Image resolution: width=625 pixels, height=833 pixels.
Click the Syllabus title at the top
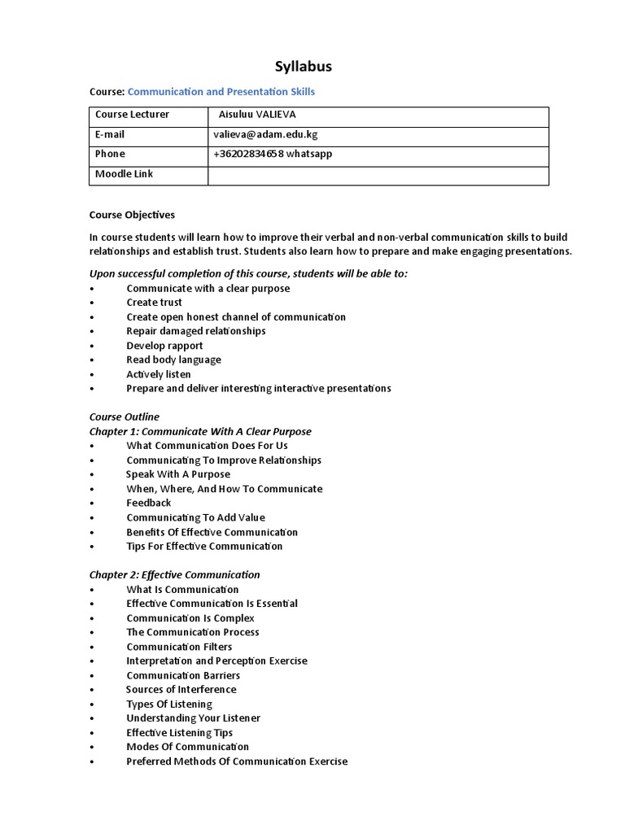(x=302, y=67)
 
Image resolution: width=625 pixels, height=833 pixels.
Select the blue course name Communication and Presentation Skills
(x=221, y=92)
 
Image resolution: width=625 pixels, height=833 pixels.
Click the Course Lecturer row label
(x=132, y=115)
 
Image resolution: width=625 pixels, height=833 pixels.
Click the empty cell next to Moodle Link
(x=378, y=174)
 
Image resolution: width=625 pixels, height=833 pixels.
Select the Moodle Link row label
(x=124, y=174)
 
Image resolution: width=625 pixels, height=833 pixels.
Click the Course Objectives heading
(x=132, y=215)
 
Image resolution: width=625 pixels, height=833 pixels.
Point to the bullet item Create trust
(x=154, y=303)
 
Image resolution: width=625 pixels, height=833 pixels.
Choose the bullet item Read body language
(x=173, y=360)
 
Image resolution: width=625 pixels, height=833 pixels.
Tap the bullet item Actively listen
(x=159, y=374)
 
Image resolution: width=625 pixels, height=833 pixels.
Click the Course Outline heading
(x=125, y=416)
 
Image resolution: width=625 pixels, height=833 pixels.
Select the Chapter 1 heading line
(x=200, y=431)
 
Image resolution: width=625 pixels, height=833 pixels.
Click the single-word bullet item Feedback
(x=149, y=503)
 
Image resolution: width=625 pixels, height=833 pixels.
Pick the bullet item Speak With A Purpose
(x=178, y=474)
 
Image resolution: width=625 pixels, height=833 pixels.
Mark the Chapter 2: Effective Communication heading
(x=175, y=574)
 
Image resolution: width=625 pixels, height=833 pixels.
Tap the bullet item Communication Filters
(x=179, y=647)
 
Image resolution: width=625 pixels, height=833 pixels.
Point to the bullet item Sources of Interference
(x=181, y=690)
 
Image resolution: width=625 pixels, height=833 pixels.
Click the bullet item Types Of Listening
(x=169, y=704)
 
